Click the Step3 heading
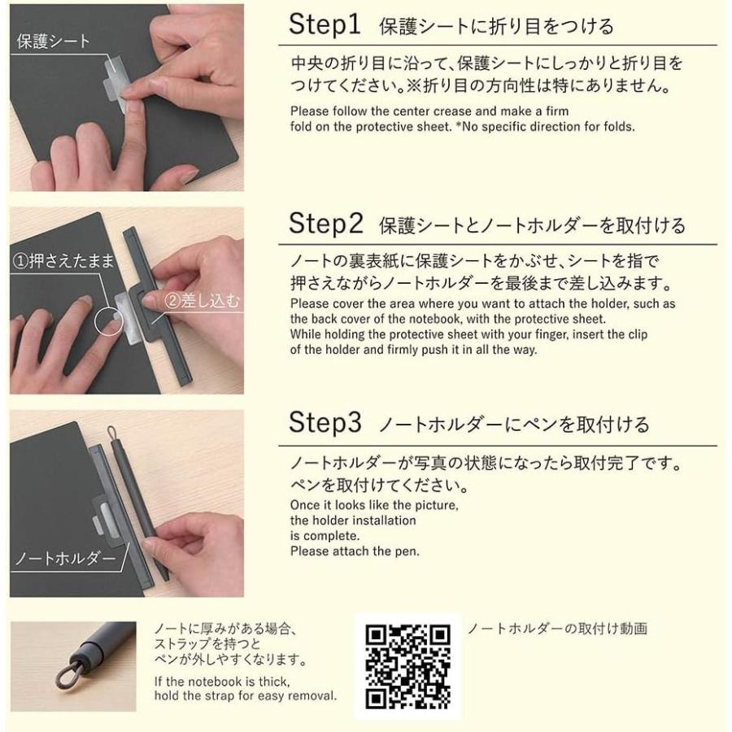click(325, 422)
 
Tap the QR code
click(408, 666)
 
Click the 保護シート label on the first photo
click(53, 41)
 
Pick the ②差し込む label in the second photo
click(202, 301)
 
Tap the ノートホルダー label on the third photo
click(65, 558)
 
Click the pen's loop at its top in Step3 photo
click(111, 433)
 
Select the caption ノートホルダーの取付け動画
click(557, 629)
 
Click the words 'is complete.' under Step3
click(325, 536)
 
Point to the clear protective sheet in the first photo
click(115, 83)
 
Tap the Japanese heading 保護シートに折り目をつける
click(496, 27)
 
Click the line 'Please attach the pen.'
click(355, 551)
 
